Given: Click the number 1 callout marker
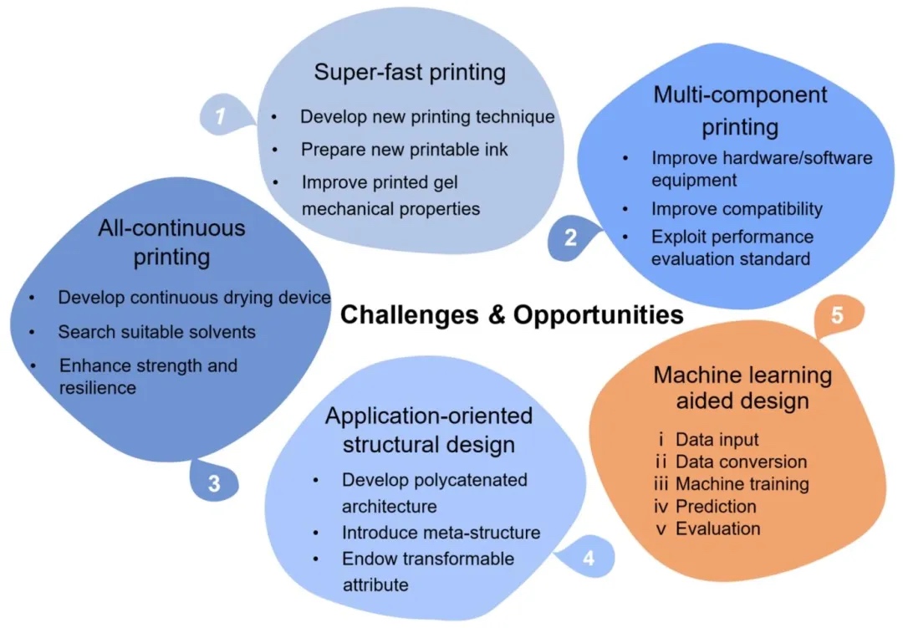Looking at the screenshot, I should point(220,116).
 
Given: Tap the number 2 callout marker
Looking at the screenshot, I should point(570,237).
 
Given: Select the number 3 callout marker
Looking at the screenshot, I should point(214,484).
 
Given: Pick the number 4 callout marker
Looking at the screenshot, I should point(588,558).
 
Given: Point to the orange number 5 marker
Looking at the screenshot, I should point(838,317).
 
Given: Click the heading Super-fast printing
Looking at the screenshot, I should point(410,72).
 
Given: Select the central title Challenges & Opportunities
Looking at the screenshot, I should point(512,314).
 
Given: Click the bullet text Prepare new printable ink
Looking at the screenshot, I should point(404,150).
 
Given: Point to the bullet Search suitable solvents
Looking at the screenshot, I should point(156,332).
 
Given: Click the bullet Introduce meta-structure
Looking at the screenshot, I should point(441,532).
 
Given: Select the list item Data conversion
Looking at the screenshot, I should point(741,462).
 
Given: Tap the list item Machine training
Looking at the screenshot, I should point(742,483).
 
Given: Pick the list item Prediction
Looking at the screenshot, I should point(716,506).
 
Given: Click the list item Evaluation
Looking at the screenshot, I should point(718,528).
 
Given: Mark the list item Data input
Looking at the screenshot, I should point(717,439).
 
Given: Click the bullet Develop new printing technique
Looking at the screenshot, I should point(427,116).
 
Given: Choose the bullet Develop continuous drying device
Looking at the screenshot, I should point(194,298).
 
